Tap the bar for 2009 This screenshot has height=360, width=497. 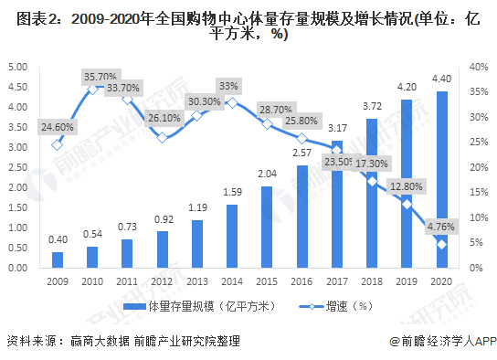[x=58, y=259]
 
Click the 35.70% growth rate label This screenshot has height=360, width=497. [x=101, y=76]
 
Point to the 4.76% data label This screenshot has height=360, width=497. [x=442, y=224]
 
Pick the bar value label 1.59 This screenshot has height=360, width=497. [x=232, y=192]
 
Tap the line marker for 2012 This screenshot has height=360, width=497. [x=162, y=137]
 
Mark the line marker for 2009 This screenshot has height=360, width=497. [x=58, y=144]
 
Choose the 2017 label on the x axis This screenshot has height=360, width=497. [x=337, y=282]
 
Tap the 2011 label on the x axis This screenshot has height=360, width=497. [x=127, y=282]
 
